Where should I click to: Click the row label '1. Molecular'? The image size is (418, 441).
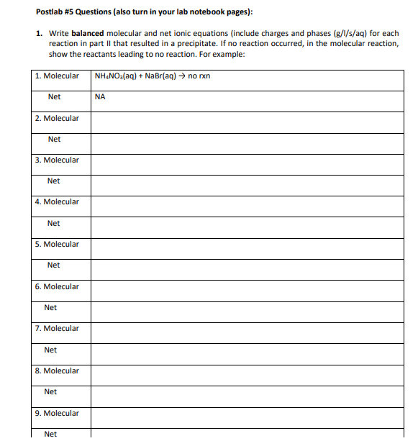[x=57, y=76]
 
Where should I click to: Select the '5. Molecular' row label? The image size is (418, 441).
[x=57, y=244]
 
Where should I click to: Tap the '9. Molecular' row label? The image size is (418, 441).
[x=57, y=413]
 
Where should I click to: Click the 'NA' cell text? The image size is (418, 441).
[x=99, y=97]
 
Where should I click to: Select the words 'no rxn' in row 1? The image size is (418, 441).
[x=199, y=76]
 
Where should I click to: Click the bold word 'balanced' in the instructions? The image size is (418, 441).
[x=88, y=34]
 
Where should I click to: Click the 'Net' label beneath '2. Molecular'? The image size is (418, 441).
[x=54, y=139]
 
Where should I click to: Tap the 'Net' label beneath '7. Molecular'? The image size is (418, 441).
[x=50, y=350]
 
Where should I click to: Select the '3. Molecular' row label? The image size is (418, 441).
[x=57, y=160]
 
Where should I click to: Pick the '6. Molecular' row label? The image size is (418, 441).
[x=57, y=286]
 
